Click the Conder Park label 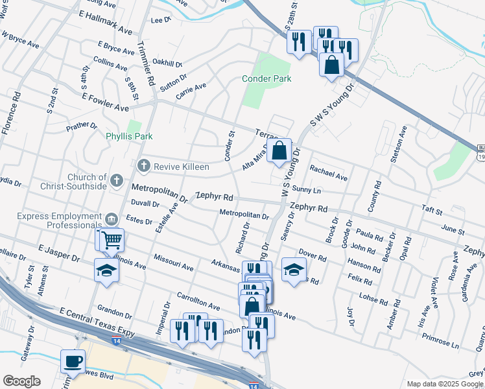[266, 78]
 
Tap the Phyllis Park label [129, 137]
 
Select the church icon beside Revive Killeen [145, 167]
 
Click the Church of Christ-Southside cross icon [117, 180]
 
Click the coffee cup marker [73, 360]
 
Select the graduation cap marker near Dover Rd [294, 269]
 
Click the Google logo [22, 381]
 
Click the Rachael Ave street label [328, 172]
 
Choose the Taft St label [431, 211]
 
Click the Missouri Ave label [174, 263]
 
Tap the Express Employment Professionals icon [112, 218]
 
